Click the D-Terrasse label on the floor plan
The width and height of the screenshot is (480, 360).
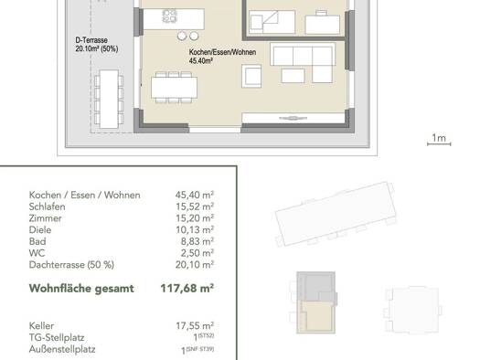coord(91,40)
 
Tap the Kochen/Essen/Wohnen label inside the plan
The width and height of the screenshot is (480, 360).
coord(222,52)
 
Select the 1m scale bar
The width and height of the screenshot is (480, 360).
coord(439,143)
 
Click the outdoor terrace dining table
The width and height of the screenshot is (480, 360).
coord(109,99)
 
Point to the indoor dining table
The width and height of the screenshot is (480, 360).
coord(175,87)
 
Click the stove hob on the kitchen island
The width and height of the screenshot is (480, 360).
coord(170,16)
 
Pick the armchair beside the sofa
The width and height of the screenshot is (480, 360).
coord(251,76)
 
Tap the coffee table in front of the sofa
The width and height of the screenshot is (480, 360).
coord(293,76)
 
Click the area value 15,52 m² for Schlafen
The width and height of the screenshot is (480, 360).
coord(195,206)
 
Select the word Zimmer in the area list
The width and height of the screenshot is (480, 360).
coord(46,218)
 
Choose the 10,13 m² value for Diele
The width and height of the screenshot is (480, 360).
coord(195,230)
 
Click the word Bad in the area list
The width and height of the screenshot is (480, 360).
coord(37,241)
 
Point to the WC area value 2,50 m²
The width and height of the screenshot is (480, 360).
coord(197,253)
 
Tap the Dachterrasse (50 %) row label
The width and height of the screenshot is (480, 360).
coord(71,265)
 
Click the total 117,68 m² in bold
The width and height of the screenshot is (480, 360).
coord(187,289)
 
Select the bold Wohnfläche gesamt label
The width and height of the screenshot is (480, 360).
coord(81,289)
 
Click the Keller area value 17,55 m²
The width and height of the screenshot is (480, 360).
coord(195,326)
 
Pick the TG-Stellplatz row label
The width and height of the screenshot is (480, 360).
coord(57,338)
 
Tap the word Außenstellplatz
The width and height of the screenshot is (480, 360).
coord(62,349)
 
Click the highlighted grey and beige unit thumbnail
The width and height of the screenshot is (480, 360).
coord(316,302)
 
